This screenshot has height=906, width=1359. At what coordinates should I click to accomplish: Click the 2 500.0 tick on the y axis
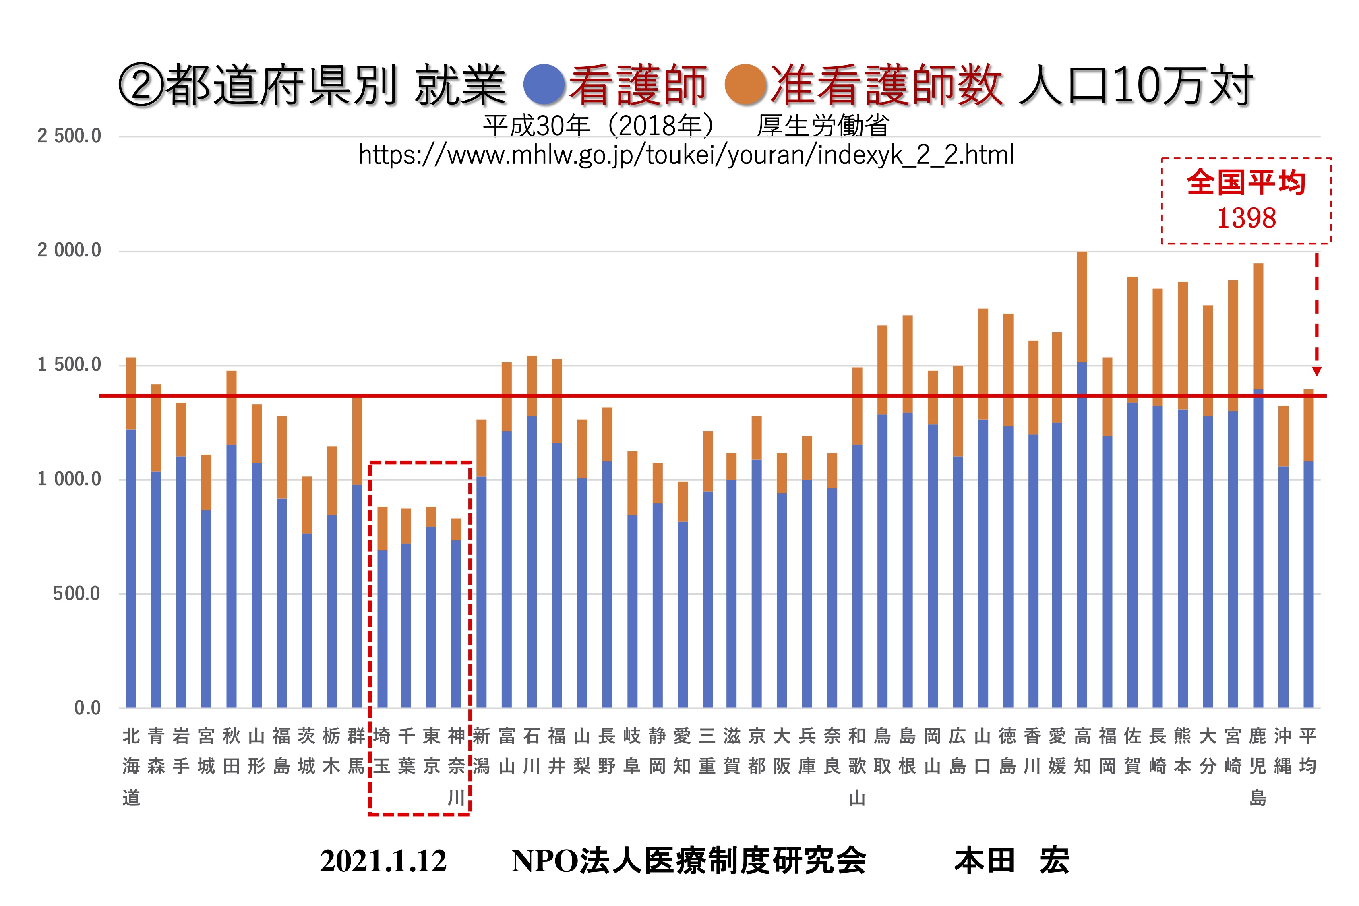point(69,137)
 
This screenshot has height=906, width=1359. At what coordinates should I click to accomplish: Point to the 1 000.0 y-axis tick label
point(69,479)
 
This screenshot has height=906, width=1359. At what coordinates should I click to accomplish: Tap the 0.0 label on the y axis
point(87,708)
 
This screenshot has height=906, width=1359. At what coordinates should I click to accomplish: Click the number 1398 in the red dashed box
point(1246,218)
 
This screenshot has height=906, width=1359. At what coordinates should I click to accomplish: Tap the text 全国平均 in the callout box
point(1246,182)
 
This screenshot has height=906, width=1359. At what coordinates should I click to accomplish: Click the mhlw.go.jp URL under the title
point(686,155)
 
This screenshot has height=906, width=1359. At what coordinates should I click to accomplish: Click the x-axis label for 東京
point(431,751)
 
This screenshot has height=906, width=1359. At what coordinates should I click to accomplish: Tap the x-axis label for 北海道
point(131,766)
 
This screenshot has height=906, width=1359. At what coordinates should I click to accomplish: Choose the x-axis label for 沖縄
point(1283,751)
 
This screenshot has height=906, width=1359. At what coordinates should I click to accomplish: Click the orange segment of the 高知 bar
point(1082,306)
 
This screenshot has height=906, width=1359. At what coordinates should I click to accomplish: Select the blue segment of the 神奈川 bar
point(456,624)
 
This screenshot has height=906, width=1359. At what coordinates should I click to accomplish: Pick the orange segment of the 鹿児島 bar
point(1258,327)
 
